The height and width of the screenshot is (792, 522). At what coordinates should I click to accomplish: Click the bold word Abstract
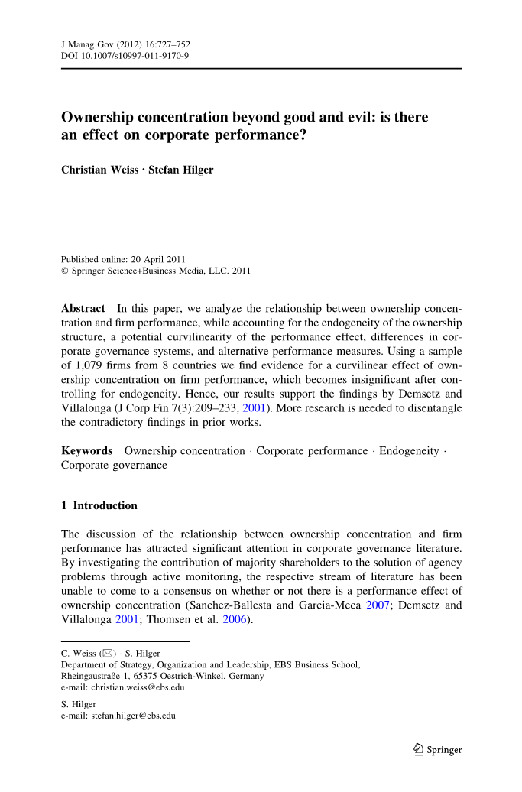coord(83,308)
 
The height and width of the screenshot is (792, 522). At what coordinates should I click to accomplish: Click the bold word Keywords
coord(86,451)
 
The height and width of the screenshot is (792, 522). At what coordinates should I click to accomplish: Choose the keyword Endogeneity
coord(409,451)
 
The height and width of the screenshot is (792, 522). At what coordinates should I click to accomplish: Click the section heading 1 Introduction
coord(99,505)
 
